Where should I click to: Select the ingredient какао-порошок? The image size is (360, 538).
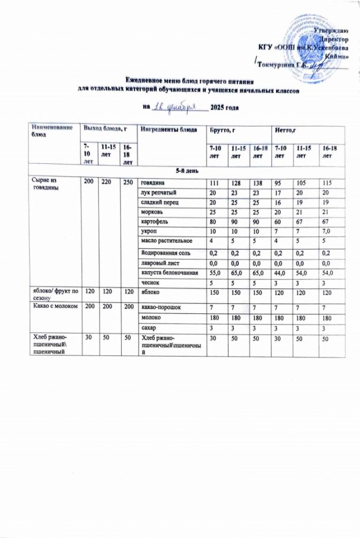159,308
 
